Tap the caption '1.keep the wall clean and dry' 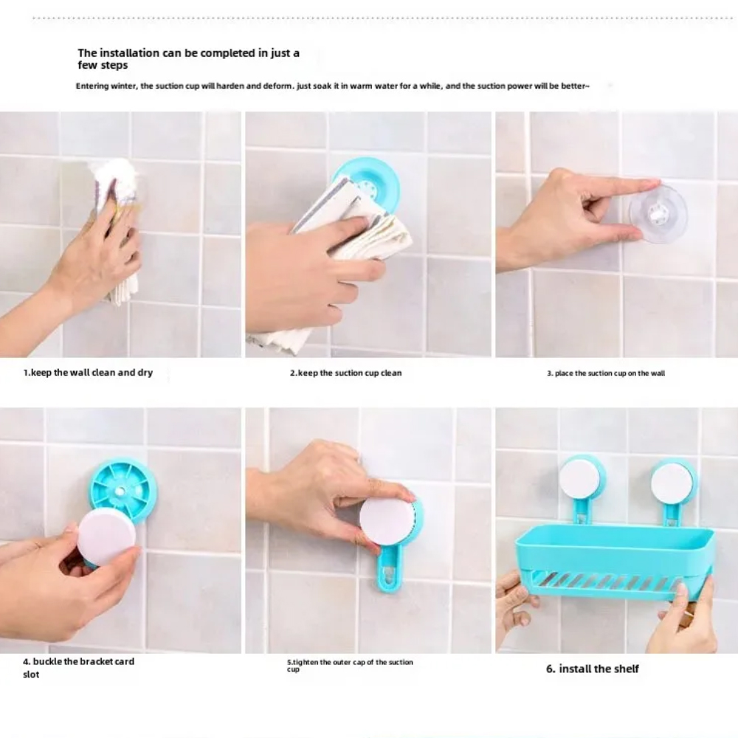pyautogui.click(x=88, y=372)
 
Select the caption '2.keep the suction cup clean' pyautogui.click(x=345, y=373)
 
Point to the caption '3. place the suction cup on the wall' pyautogui.click(x=606, y=373)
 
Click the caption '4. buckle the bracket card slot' pyautogui.click(x=79, y=667)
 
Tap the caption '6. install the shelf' pyautogui.click(x=593, y=669)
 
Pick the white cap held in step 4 pyautogui.click(x=107, y=537)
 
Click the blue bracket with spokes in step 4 pyautogui.click(x=123, y=490)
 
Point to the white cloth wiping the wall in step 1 pyautogui.click(x=117, y=226)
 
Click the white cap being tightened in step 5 pyautogui.click(x=387, y=519)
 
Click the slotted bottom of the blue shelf pyautogui.click(x=607, y=584)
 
